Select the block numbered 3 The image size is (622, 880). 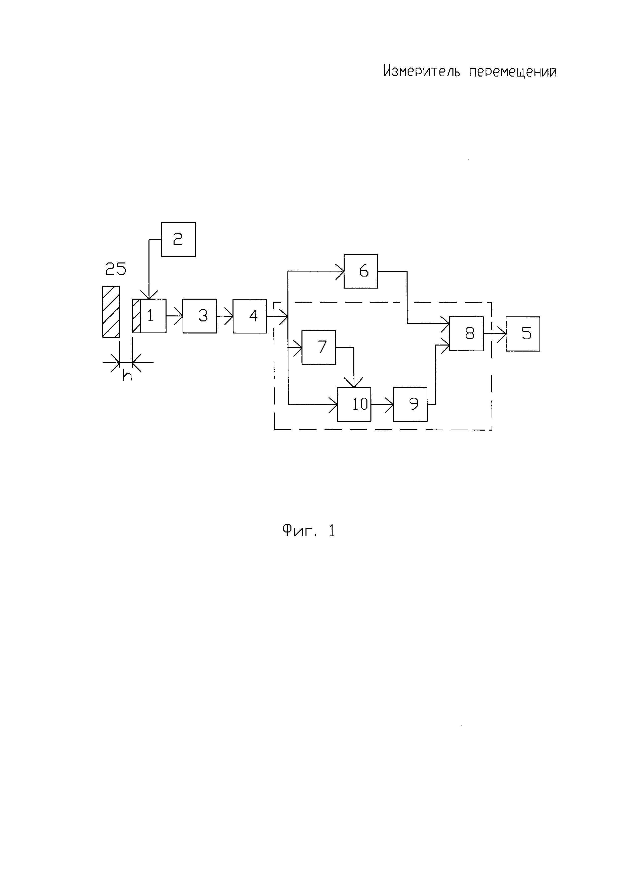pos(200,316)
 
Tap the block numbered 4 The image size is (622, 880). pos(250,316)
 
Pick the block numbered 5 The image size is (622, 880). pos(523,334)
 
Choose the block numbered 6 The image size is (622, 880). pos(360,271)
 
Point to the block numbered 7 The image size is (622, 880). pos(319,347)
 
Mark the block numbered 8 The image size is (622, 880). pos(466,333)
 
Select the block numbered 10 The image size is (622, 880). pos(354,404)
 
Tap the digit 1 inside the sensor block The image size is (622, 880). pos(150,316)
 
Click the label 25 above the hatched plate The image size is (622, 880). pos(115,269)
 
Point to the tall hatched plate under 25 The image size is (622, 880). pos(111,312)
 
